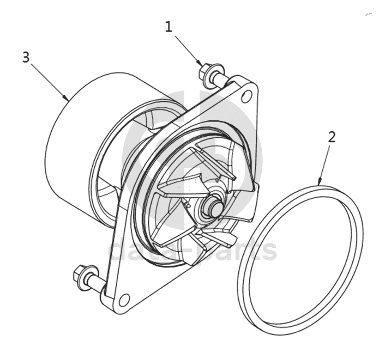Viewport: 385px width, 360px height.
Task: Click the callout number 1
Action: (x=169, y=27)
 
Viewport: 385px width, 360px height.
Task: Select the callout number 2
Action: (x=332, y=137)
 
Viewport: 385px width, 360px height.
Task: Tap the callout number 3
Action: (x=26, y=57)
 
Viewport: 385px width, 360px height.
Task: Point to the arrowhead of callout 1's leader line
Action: (x=201, y=64)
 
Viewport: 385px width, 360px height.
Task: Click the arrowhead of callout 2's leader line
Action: (x=319, y=182)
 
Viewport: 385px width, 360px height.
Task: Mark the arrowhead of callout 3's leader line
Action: (x=67, y=99)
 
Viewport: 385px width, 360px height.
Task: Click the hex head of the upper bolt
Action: (x=204, y=72)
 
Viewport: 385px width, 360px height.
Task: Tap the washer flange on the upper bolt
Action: (x=211, y=75)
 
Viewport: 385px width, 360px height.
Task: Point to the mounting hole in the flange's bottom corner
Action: (x=124, y=299)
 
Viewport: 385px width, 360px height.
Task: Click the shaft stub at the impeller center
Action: (x=212, y=205)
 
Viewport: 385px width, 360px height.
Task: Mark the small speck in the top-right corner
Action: (x=369, y=14)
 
